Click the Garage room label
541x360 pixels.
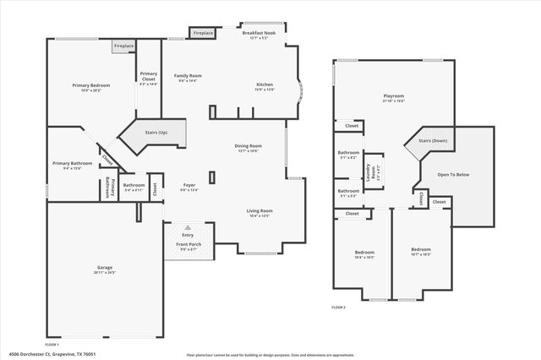point(105,268)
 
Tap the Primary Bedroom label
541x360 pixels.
point(90,85)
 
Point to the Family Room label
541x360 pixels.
point(187,76)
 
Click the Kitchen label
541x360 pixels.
point(265,85)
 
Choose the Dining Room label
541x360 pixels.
point(248,146)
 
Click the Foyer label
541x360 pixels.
point(189,185)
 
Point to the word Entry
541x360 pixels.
point(188,235)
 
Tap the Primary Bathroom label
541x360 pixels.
point(72,163)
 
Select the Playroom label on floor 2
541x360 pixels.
point(393,97)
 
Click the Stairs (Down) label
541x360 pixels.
point(433,140)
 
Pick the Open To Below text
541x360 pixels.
point(455,175)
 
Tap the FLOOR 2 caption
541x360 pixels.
point(338,306)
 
